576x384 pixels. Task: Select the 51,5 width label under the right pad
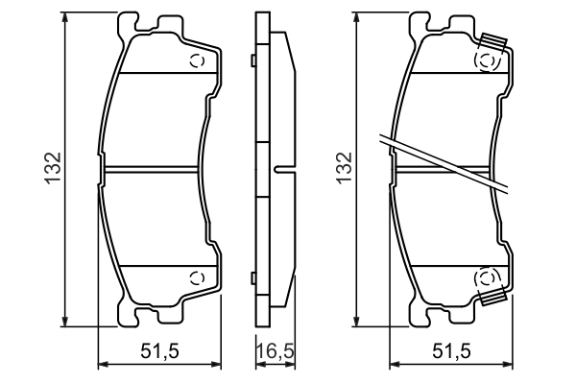pos(452,351)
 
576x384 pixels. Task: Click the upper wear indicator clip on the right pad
pos(493,43)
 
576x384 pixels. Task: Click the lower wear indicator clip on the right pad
pos(493,298)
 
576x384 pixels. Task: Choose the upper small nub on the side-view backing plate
pos(252,62)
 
